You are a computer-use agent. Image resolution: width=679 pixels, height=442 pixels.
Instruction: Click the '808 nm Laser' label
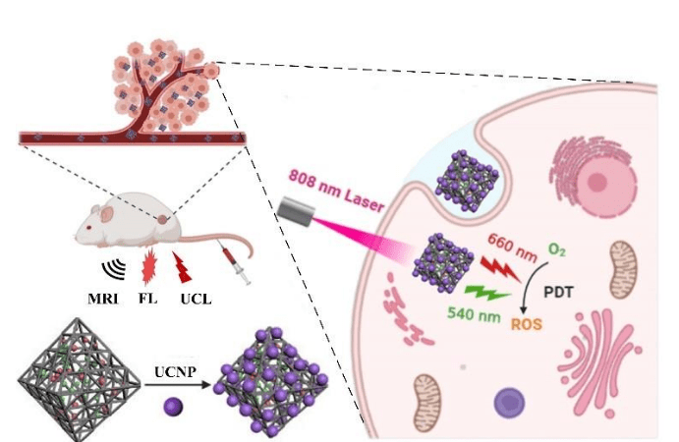point(336,191)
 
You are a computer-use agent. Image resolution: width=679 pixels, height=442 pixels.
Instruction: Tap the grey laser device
point(296,211)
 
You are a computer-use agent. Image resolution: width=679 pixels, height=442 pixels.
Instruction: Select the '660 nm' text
point(513,248)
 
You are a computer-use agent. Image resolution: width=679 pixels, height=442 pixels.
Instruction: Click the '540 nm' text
point(474,314)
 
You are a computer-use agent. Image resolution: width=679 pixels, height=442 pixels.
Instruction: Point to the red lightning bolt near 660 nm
point(500,269)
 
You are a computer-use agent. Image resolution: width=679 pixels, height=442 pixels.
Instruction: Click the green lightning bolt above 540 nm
point(486,293)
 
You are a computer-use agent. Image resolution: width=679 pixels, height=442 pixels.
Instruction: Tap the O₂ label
point(557,249)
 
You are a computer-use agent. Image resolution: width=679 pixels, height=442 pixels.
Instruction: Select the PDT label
point(558,293)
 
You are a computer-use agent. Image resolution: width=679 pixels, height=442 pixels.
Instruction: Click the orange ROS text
point(527,324)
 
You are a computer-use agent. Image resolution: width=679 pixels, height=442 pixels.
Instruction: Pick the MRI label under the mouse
point(102,299)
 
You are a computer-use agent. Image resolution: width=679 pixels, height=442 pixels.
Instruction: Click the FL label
point(147,299)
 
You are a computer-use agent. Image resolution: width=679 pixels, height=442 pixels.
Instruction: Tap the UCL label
point(197,299)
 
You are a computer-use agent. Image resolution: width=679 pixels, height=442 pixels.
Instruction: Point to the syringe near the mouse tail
point(235,263)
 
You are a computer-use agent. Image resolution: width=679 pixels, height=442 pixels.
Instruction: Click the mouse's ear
point(106,213)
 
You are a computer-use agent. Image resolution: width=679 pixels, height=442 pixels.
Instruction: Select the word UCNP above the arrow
point(175,371)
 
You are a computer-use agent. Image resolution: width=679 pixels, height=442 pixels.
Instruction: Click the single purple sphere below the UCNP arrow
point(173,407)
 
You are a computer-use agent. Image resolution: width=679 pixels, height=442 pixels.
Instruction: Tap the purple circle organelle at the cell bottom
point(509,403)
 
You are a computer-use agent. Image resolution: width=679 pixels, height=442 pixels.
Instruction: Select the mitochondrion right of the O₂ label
point(624,270)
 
